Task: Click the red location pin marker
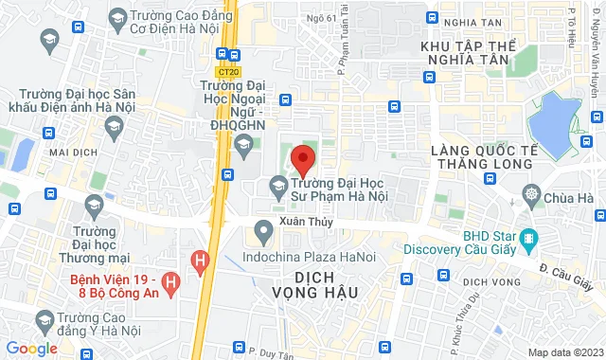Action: click(x=302, y=158)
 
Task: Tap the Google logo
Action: click(x=31, y=349)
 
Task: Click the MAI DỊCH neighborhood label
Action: click(x=72, y=152)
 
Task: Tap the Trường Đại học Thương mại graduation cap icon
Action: click(x=94, y=204)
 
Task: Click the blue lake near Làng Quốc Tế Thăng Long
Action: click(x=554, y=117)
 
